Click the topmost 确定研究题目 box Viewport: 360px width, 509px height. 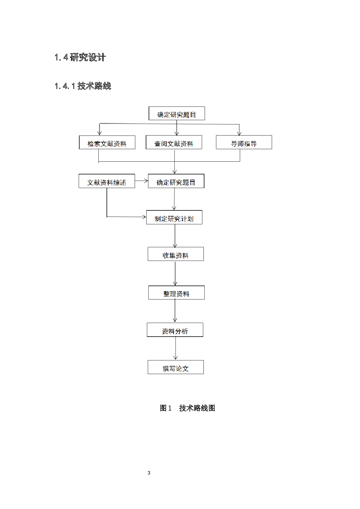click(x=177, y=113)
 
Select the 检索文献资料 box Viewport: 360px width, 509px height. click(x=107, y=142)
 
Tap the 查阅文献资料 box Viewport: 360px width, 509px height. click(x=174, y=142)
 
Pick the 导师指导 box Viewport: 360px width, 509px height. click(x=244, y=142)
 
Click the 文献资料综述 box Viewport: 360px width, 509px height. click(x=107, y=181)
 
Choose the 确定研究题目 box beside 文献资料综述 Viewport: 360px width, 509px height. click(x=176, y=181)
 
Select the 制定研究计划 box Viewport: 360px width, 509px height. click(x=174, y=217)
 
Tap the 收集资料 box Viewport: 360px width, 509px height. click(x=176, y=254)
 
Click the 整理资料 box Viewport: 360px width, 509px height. click(x=176, y=293)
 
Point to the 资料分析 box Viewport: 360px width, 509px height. click(x=175, y=330)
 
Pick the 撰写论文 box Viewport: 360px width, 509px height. click(x=176, y=367)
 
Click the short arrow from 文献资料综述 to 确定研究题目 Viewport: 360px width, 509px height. click(x=141, y=181)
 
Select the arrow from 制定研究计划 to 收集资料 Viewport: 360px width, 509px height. click(x=175, y=235)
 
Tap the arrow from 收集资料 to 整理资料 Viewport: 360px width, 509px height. click(x=175, y=273)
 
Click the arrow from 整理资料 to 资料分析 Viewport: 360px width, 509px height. click(x=175, y=311)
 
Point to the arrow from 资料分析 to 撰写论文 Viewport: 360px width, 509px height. click(x=175, y=348)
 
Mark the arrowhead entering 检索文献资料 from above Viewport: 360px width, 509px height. click(x=100, y=133)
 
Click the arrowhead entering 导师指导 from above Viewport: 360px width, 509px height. click(x=239, y=133)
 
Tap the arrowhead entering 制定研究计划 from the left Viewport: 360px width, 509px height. click(x=144, y=217)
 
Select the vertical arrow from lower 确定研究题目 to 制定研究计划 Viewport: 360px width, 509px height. click(x=174, y=199)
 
